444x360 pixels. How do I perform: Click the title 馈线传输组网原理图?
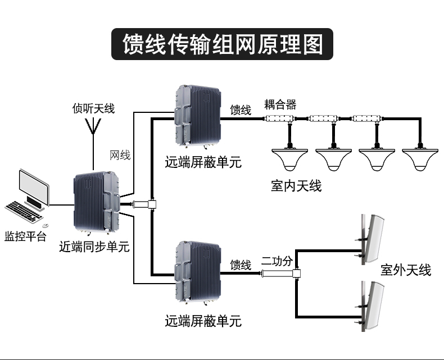223,44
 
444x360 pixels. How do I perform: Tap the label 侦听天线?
93,108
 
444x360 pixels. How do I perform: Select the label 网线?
120,155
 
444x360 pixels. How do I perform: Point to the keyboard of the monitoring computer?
23,211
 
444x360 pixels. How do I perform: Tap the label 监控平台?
25,236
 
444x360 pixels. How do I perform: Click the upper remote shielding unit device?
200,115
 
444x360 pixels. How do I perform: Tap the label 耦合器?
280,104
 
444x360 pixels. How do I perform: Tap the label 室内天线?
296,185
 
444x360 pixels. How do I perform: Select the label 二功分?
277,261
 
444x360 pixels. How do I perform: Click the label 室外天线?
406,270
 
